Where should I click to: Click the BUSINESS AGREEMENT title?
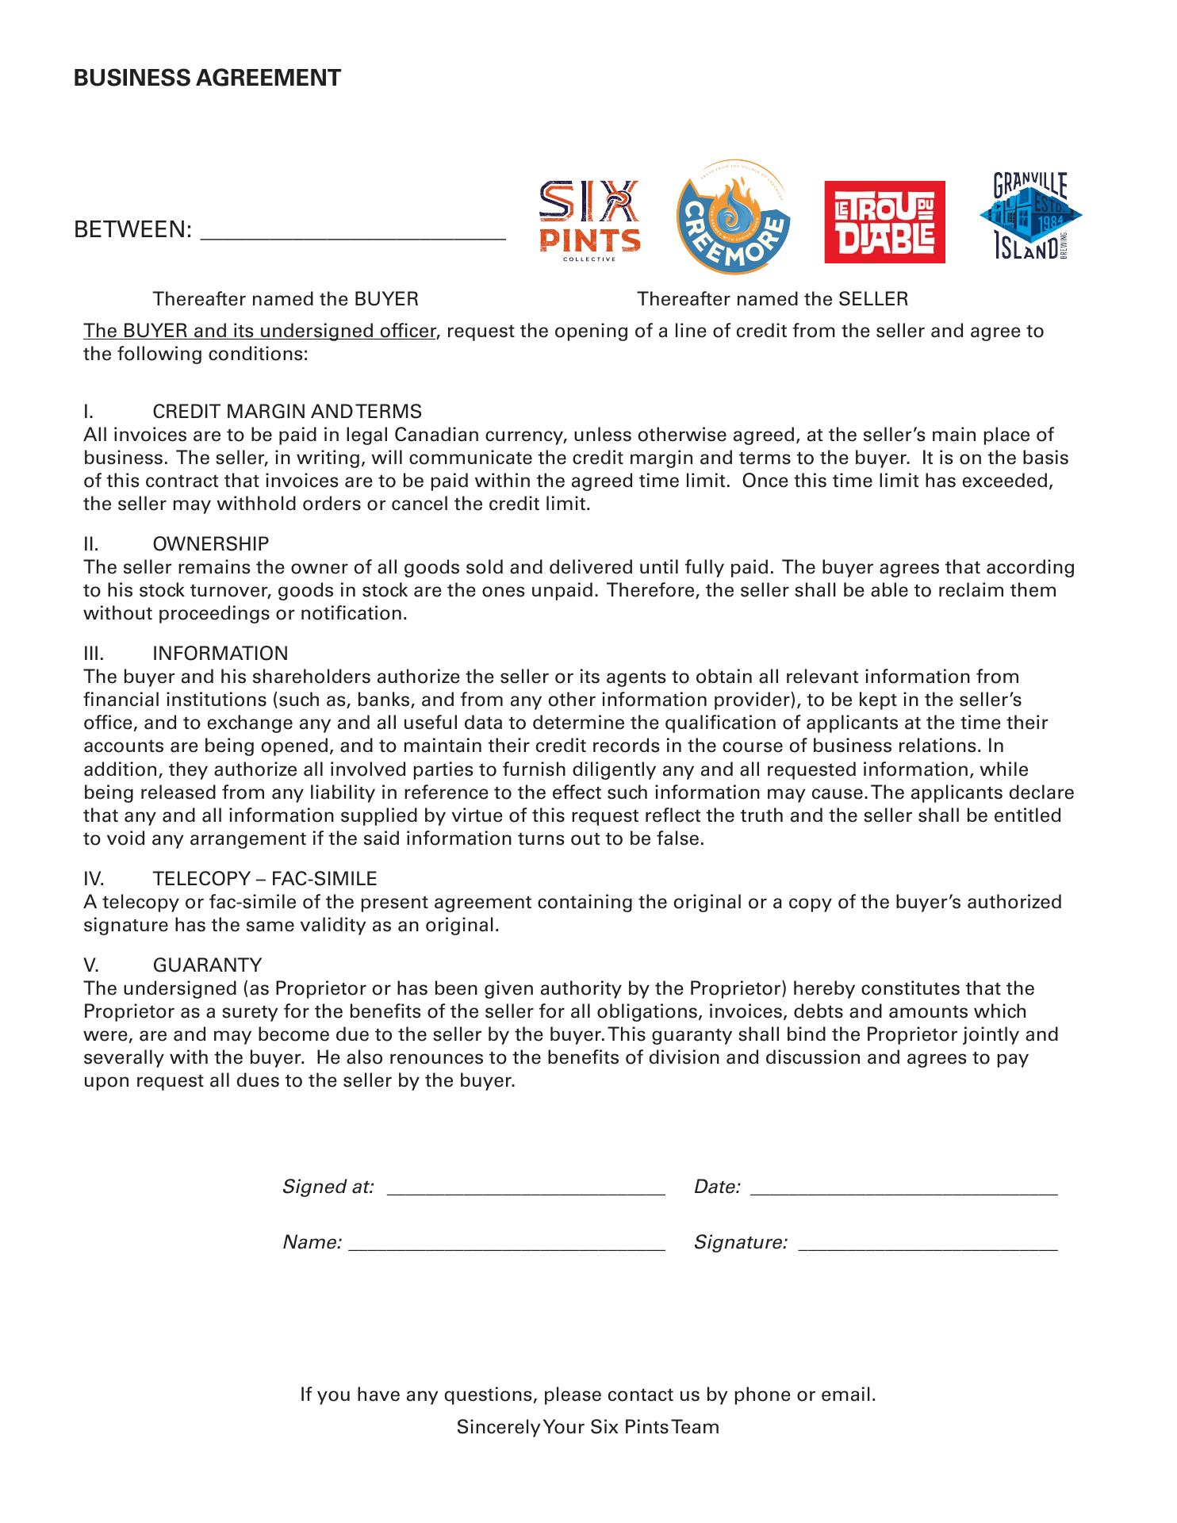(207, 78)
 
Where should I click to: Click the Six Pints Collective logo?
(589, 218)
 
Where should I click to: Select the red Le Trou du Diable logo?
(884, 222)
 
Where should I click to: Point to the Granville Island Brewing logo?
(1030, 217)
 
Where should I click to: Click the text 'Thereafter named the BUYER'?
(286, 299)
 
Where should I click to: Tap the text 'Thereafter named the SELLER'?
(773, 299)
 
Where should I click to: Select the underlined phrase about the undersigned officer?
(260, 331)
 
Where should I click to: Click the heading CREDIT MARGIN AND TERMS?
(286, 412)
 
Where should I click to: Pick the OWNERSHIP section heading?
(210, 544)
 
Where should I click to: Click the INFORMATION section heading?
(220, 654)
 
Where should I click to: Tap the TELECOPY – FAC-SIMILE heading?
(264, 879)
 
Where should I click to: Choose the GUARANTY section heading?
(207, 965)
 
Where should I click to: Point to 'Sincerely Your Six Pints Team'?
(588, 1428)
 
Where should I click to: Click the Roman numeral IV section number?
(94, 879)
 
